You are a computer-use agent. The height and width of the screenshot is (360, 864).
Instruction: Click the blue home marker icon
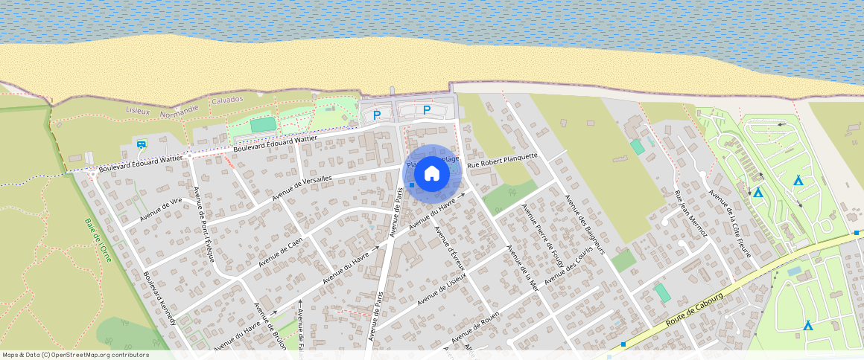coord(432,173)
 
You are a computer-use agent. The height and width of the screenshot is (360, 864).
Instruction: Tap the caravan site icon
coord(141,144)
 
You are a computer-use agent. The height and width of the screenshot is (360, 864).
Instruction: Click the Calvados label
coord(227,99)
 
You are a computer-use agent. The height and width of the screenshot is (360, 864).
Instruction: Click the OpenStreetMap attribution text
coord(75,355)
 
